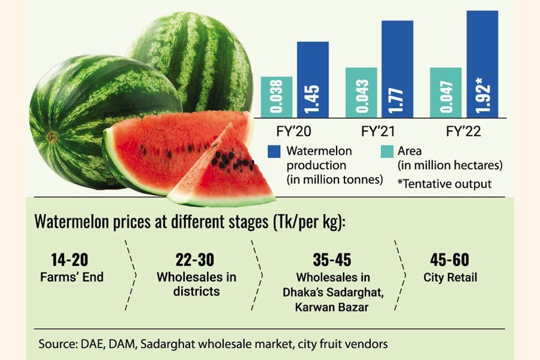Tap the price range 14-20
click(x=71, y=260)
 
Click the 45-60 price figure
click(x=449, y=260)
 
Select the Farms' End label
click(x=71, y=277)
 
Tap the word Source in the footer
click(x=55, y=344)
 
